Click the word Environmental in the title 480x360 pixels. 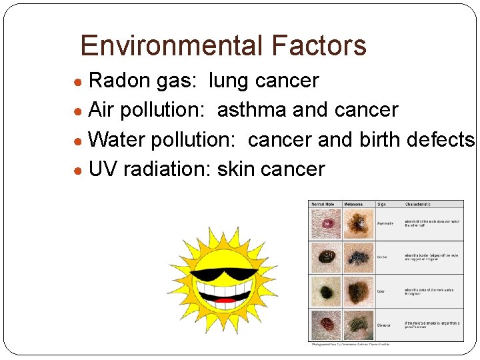click(163, 46)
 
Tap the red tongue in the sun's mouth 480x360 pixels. click(226, 301)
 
